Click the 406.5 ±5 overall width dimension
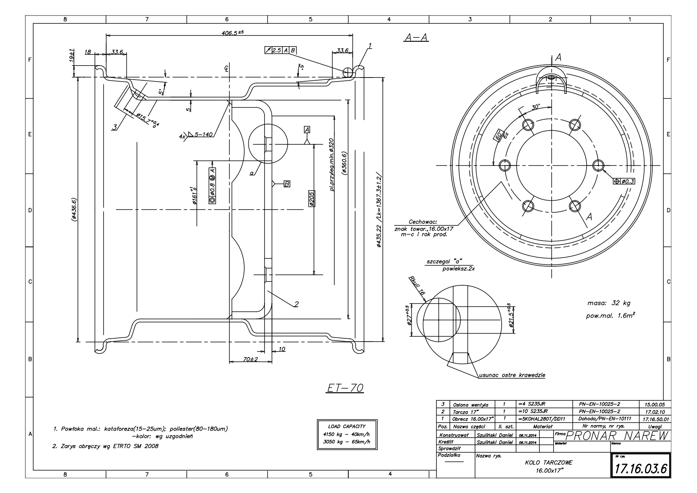coord(232,33)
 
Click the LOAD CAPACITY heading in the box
coord(347,426)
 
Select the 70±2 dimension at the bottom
coord(250,359)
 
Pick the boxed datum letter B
coord(287,184)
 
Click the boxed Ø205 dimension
coord(311,198)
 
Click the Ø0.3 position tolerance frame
coord(624,181)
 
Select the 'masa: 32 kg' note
coord(608,303)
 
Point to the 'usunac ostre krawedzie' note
coord(512,375)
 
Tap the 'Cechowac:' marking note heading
coord(422,222)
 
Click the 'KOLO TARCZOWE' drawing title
coord(548,463)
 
